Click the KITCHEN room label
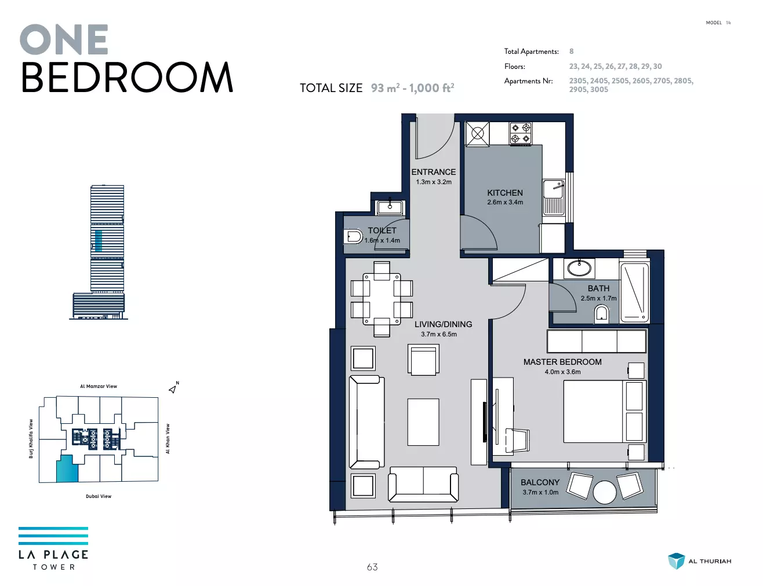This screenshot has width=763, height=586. pyautogui.click(x=504, y=193)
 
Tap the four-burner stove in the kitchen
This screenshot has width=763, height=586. pyautogui.click(x=521, y=133)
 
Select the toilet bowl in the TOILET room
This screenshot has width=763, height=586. pyautogui.click(x=353, y=237)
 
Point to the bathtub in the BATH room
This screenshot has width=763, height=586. pyautogui.click(x=635, y=292)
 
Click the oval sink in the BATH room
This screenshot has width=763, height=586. pyautogui.click(x=579, y=269)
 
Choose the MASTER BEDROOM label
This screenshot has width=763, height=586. pyautogui.click(x=562, y=362)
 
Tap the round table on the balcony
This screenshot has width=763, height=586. pyautogui.click(x=605, y=492)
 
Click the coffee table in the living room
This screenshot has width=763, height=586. pyautogui.click(x=423, y=422)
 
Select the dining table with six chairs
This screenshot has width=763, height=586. pyautogui.click(x=381, y=299)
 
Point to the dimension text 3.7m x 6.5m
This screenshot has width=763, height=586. pyautogui.click(x=439, y=334)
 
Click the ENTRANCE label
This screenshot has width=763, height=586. pyautogui.click(x=433, y=172)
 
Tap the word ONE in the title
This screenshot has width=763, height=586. pyautogui.click(x=64, y=39)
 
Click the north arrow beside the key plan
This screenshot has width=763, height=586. pyautogui.click(x=172, y=389)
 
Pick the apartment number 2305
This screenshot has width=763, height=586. pyautogui.click(x=577, y=81)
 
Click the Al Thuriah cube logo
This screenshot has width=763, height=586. pyautogui.click(x=676, y=561)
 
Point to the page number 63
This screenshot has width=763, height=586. pyautogui.click(x=372, y=567)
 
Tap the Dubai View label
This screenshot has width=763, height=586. pyautogui.click(x=99, y=496)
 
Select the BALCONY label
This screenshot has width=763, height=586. pyautogui.click(x=540, y=482)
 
